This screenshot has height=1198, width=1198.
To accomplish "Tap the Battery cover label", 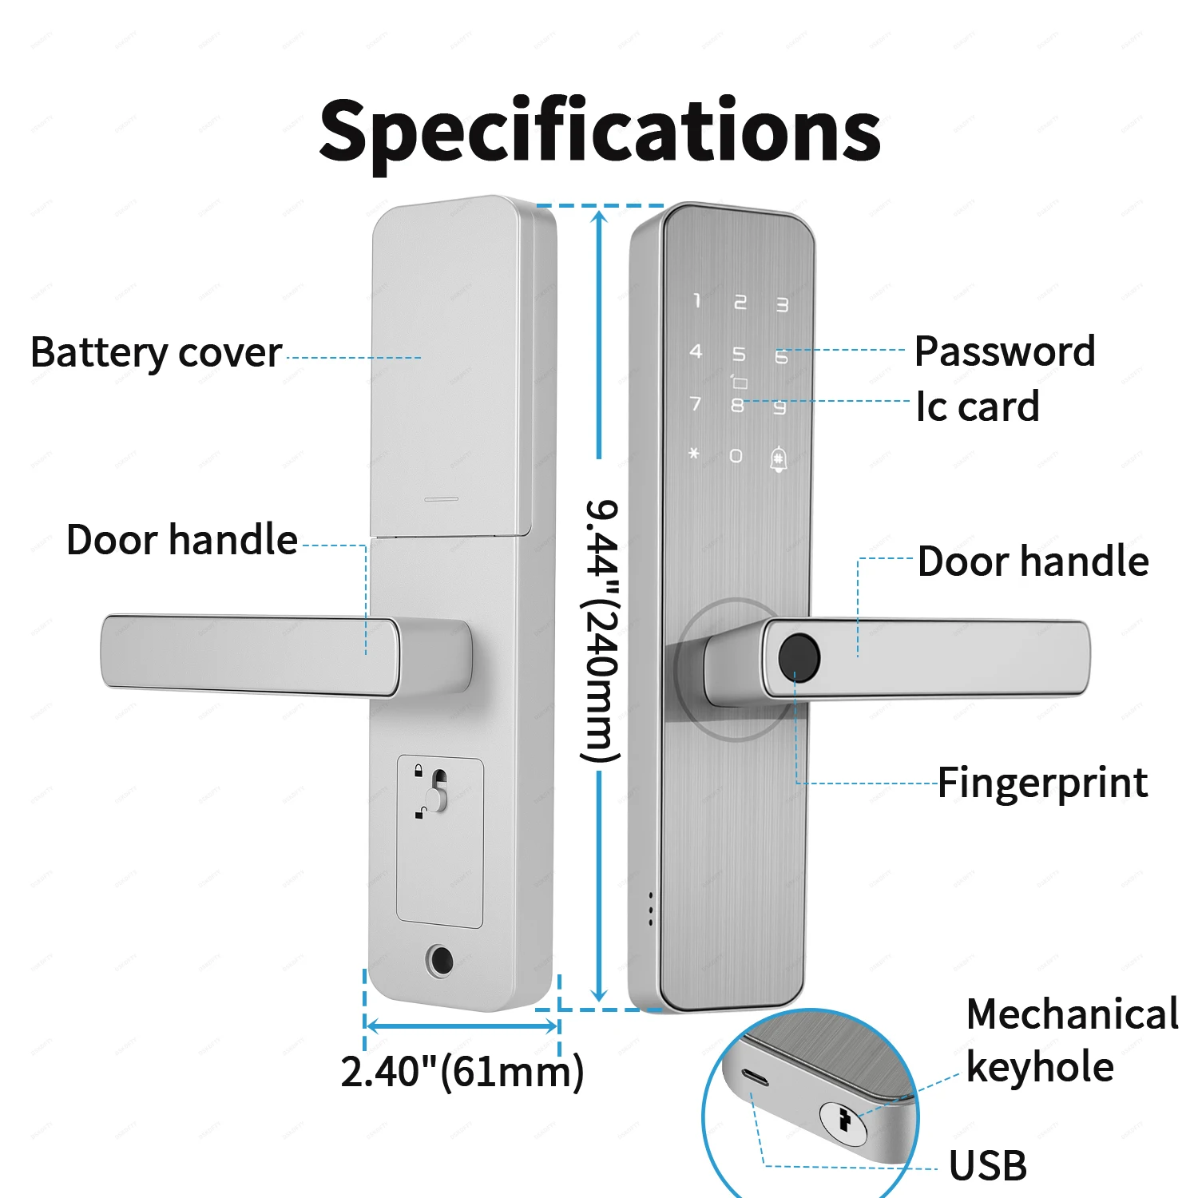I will [x=156, y=353].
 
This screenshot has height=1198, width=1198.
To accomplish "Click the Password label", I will [x=1004, y=351].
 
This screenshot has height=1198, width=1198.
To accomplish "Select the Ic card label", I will [x=977, y=407].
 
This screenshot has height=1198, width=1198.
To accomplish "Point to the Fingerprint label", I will [x=1041, y=783].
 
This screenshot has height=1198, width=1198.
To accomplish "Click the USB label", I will [x=987, y=1166].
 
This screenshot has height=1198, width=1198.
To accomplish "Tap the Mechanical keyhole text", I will [x=1070, y=1040].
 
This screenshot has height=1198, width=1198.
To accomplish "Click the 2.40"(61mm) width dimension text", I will [x=462, y=1072].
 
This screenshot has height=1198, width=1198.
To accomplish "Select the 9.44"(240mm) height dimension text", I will [x=600, y=631].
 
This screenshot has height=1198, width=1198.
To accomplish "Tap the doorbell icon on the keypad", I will [x=778, y=459].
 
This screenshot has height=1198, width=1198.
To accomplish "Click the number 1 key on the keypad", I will [x=696, y=301].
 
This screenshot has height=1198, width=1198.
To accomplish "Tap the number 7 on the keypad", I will [x=696, y=403].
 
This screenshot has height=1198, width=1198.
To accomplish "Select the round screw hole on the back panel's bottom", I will [x=439, y=961].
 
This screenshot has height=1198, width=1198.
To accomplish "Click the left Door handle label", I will [x=181, y=540].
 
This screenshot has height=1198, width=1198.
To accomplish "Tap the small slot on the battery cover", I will [x=441, y=499].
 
